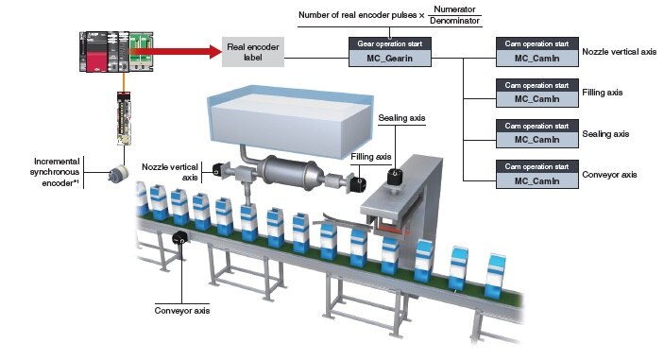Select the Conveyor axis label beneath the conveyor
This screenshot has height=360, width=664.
pos(180,309)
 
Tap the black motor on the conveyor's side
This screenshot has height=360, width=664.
pos(179,238)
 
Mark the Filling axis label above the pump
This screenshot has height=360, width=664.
pos(370,157)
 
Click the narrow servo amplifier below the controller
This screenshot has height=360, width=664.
pos(125,118)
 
